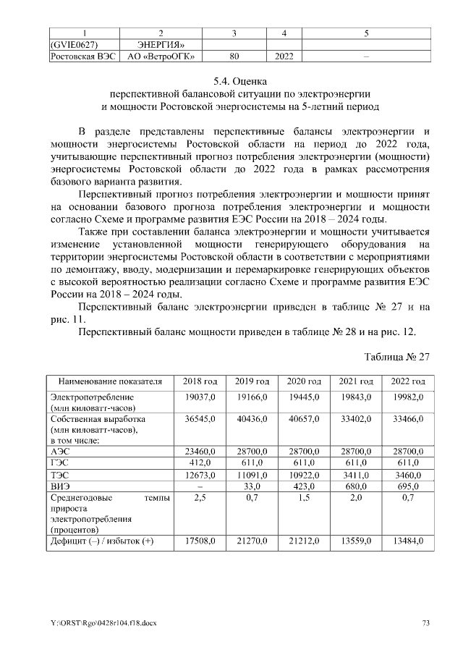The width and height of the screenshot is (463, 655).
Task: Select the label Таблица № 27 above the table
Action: pos(398,357)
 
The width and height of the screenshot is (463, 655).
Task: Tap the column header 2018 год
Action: pos(200,381)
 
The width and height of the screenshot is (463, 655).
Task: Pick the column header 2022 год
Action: pos(408,381)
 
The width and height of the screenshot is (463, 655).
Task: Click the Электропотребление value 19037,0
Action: pos(200,397)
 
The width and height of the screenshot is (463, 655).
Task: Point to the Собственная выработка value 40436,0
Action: pos(252,419)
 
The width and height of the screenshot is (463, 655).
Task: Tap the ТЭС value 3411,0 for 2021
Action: pos(356,473)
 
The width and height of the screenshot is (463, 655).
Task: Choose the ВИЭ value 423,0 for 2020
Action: pos(304,485)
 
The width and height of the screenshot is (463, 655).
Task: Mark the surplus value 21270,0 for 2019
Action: pos(252,540)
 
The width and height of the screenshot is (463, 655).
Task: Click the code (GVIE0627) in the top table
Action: pos(72,43)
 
